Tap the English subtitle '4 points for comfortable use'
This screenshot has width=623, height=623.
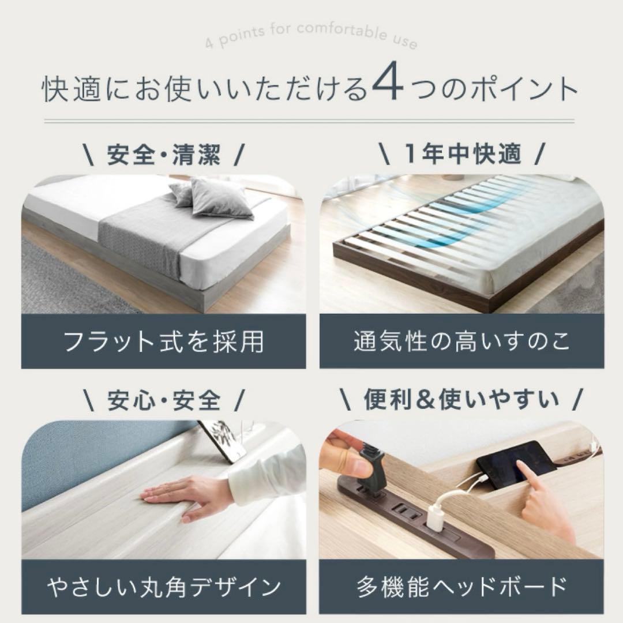coord(311,35)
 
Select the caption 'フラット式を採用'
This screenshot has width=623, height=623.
coord(164,341)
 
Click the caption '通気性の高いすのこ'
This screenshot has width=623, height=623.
coord(461,341)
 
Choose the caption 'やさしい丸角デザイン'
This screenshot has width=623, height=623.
coord(164,587)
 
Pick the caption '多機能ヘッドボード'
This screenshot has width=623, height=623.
coord(461,587)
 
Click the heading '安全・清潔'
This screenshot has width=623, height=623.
coord(164,155)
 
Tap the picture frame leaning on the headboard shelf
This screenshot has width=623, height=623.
coord(223,441)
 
